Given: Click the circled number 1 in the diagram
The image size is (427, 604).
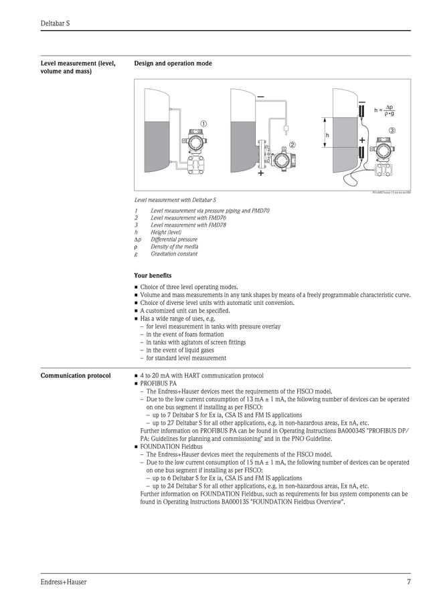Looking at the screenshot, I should point(203,124).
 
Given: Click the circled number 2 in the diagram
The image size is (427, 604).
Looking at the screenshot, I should point(292,144).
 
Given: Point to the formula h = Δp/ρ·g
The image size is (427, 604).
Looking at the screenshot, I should point(385,110).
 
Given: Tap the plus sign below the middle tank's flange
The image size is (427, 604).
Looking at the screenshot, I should point(260,173).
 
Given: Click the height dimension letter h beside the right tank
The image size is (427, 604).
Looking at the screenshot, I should point(327,135).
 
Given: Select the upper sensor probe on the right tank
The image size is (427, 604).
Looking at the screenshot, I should point(361,110).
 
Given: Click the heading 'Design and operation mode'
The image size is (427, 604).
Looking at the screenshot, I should point(173,64).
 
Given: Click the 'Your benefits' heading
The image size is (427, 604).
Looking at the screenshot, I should point(153,276).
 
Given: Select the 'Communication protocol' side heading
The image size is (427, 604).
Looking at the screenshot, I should point(76,376).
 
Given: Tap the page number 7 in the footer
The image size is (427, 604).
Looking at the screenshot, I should point(408,582).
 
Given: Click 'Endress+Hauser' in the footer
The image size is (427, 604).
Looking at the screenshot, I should point(64,582).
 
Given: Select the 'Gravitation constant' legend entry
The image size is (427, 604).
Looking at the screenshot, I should point(174,254).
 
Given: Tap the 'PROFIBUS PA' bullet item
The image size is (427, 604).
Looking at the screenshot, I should point(158,384).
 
